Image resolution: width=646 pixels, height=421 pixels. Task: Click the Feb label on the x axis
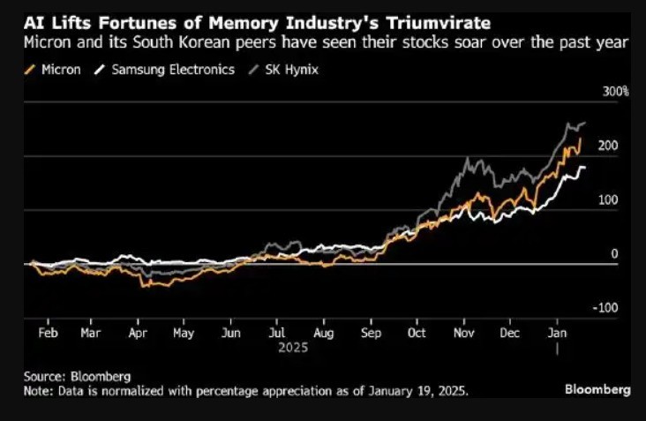(x=49, y=334)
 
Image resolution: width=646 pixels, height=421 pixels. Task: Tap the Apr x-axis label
(x=137, y=334)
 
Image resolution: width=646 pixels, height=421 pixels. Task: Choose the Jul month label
(x=275, y=334)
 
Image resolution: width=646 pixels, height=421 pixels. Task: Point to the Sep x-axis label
(x=371, y=334)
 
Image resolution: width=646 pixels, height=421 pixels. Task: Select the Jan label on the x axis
(x=557, y=334)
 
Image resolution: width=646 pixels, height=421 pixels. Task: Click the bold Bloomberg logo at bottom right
(x=597, y=388)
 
